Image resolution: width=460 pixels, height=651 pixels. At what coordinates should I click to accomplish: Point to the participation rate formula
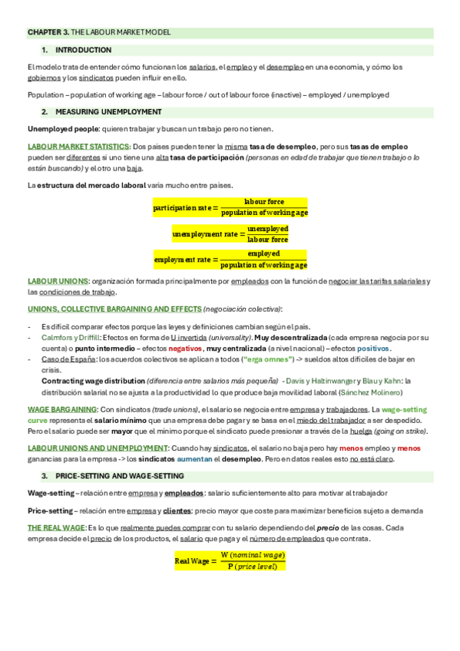(x=230, y=207)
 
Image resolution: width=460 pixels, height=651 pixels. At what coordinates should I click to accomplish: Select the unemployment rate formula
(x=230, y=233)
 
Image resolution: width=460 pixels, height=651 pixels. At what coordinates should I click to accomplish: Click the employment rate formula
(x=230, y=259)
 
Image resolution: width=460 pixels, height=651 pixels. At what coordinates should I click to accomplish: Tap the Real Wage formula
(x=230, y=560)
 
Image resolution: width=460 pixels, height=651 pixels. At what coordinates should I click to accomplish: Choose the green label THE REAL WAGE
(x=56, y=528)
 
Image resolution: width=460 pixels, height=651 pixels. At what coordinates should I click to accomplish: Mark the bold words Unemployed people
(x=63, y=128)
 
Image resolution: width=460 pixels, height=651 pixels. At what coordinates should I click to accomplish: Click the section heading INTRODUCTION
(x=84, y=50)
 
